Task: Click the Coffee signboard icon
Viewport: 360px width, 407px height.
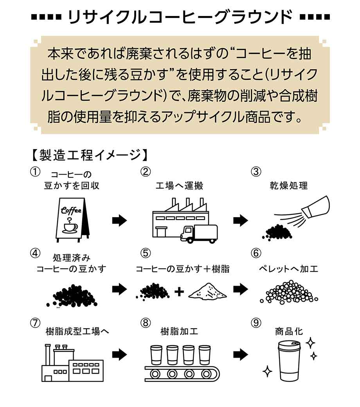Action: tap(71, 219)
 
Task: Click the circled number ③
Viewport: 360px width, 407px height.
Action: tap(256, 172)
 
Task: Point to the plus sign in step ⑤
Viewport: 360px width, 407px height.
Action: tap(179, 292)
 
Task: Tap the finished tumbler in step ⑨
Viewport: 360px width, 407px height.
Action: tap(289, 360)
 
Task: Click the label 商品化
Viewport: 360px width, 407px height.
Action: tap(289, 332)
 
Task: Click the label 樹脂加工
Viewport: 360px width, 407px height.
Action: tap(179, 332)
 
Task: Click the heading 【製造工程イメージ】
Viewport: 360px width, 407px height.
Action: tap(88, 155)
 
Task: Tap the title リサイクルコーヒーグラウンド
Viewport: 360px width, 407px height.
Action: tap(180, 18)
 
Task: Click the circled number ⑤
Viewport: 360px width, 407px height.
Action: tap(146, 253)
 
